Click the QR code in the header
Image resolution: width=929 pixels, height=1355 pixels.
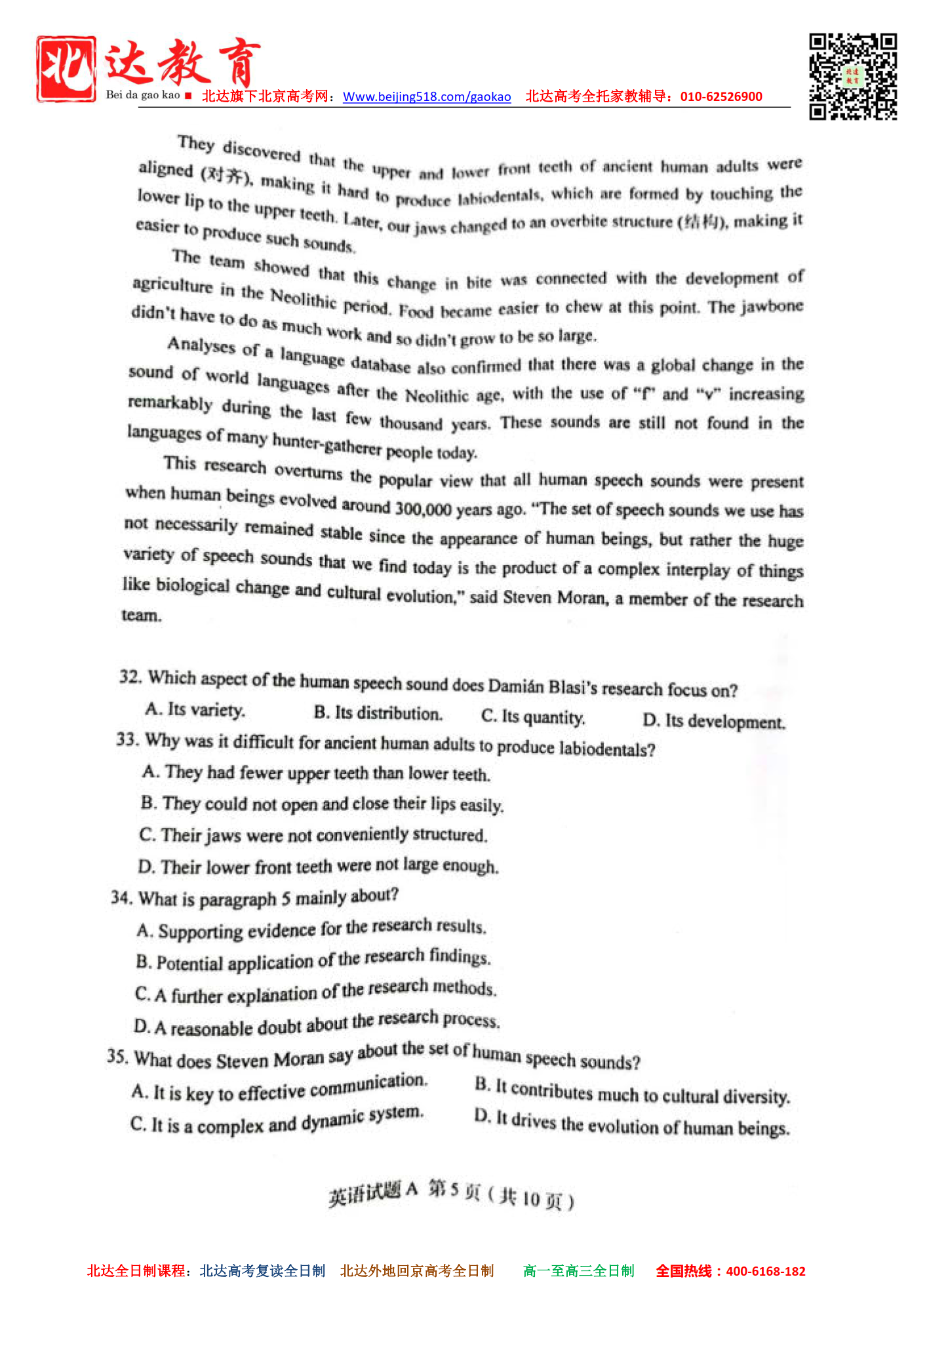[852, 77]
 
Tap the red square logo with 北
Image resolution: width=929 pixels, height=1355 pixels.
[66, 69]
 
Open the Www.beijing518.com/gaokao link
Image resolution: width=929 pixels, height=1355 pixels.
[427, 97]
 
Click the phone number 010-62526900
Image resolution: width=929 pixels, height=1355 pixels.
[721, 97]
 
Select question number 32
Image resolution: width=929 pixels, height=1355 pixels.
[130, 677]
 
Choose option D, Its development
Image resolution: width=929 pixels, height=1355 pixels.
[714, 721]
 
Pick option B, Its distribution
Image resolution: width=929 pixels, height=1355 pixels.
[378, 713]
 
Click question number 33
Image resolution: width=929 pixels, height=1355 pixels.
[128, 739]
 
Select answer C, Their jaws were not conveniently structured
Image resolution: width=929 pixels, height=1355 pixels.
[313, 835]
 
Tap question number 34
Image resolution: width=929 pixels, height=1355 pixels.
[122, 897]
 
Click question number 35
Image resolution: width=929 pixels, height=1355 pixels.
[117, 1056]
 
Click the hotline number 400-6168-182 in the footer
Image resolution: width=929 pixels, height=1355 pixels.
[765, 1271]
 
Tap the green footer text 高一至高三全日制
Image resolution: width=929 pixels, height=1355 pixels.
[578, 1271]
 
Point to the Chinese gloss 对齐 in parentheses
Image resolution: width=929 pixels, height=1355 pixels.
[224, 174]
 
